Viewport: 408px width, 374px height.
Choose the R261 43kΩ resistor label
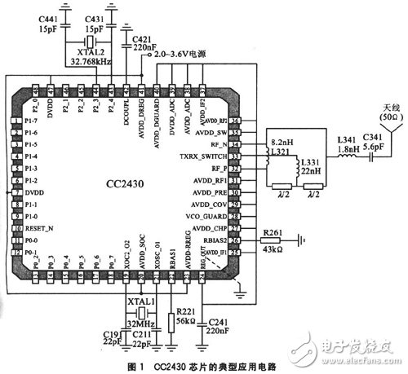coord(273,241)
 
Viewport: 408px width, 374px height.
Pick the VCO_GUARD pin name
coord(216,218)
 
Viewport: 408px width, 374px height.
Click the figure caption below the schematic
coord(204,366)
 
